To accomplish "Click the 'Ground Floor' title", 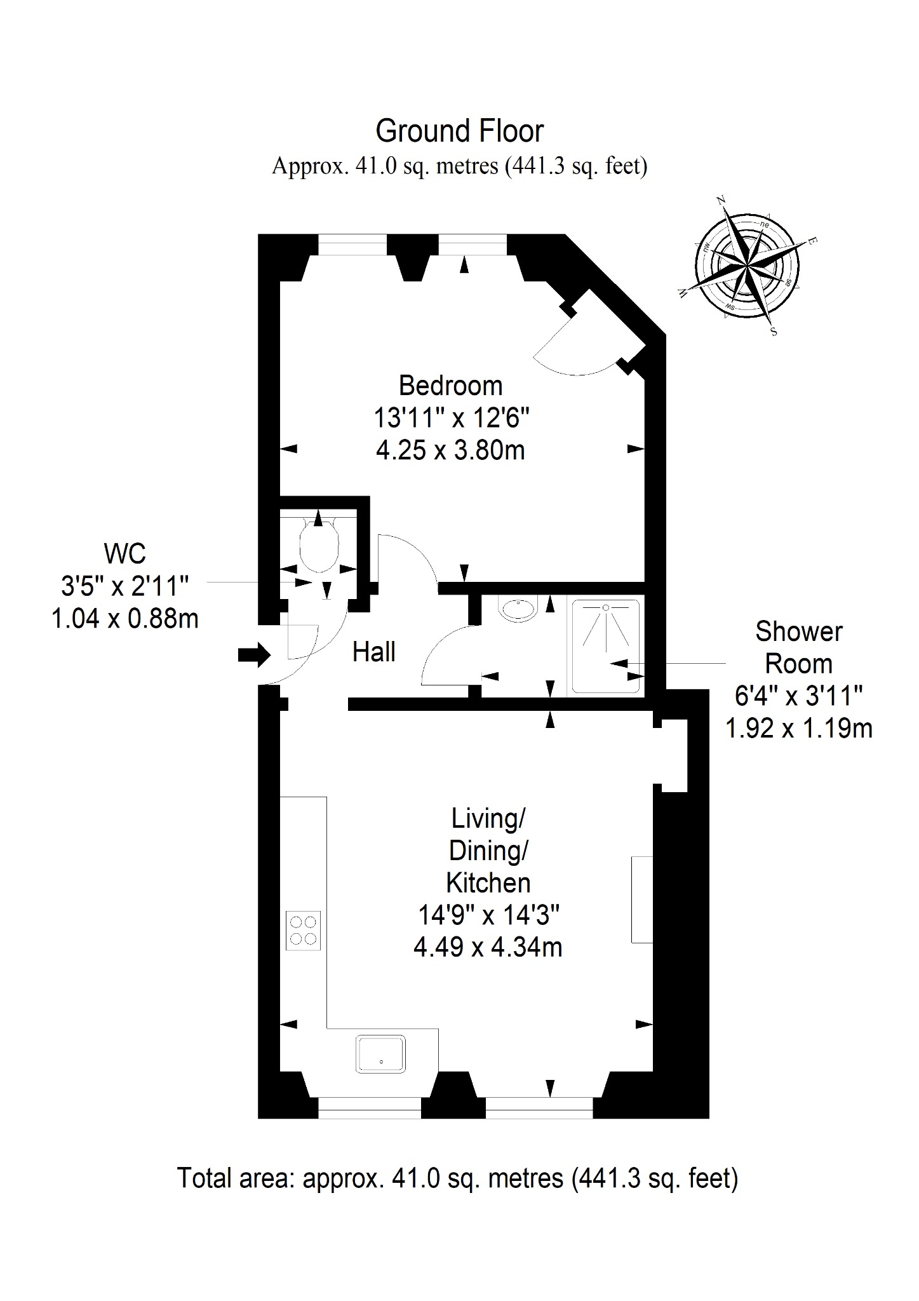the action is [459, 131].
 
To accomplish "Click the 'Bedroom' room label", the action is [450, 386].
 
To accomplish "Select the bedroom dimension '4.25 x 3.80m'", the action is [450, 450].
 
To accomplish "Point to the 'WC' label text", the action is [125, 554].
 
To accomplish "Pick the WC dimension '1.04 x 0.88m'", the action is [125, 618].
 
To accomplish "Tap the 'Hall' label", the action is [374, 652].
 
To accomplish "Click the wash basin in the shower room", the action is [520, 609].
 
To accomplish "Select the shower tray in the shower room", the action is [606, 646].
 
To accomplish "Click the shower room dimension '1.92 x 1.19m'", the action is [799, 729].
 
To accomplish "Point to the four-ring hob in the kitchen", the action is [303, 931].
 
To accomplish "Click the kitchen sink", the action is [380, 1053].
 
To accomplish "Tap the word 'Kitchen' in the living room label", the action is [488, 883].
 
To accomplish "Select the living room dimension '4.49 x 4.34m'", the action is [488, 948].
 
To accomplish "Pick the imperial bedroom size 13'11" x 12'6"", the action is [451, 418].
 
